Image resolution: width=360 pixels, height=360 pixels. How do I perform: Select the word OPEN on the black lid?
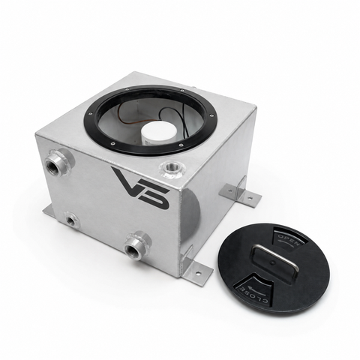(289, 239)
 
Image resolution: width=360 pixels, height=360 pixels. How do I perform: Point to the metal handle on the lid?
(275, 260)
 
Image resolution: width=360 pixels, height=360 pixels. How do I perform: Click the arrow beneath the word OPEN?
(284, 242)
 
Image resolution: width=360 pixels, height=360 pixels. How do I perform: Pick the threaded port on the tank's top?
(172, 167)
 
